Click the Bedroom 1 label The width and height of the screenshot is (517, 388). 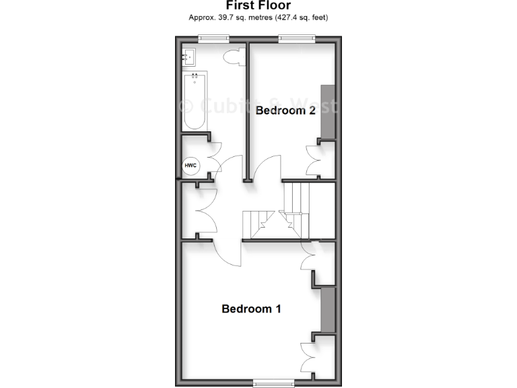click(251, 309)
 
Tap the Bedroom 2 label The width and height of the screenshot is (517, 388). click(285, 110)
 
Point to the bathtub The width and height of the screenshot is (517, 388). click(195, 101)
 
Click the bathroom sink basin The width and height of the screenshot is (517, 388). click(188, 57)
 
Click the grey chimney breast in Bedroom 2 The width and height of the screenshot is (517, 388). click(328, 112)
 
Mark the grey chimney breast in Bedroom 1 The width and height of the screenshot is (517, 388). click(328, 309)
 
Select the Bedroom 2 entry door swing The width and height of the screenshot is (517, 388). click(266, 168)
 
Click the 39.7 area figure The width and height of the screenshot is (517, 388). click(226, 17)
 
